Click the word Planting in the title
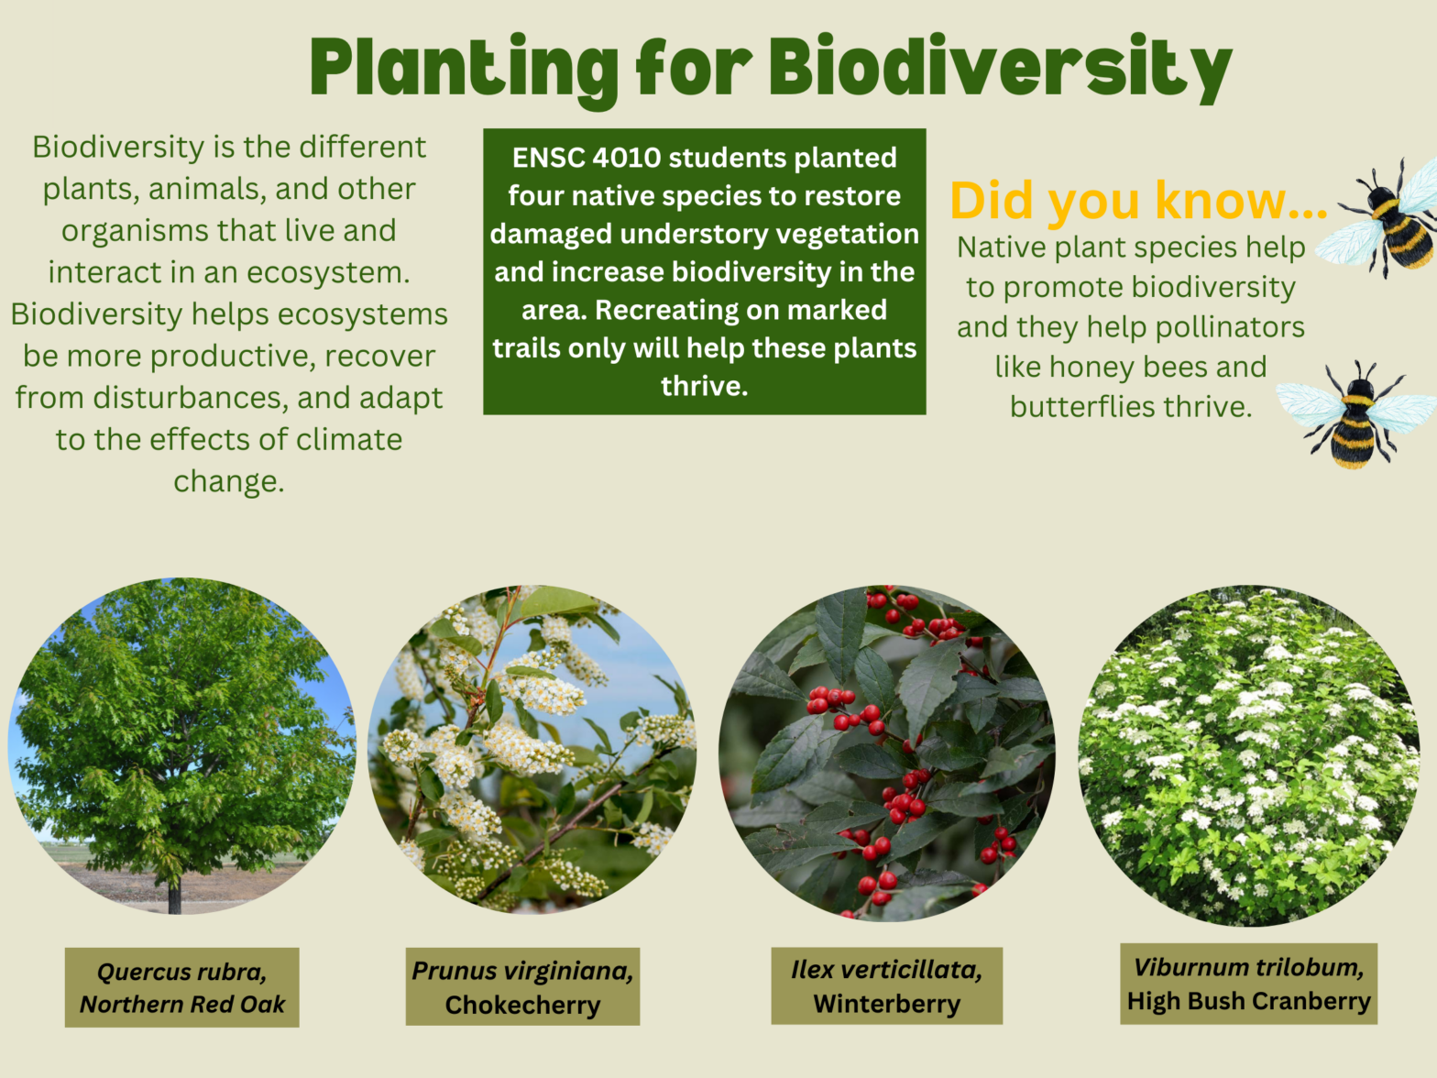click(x=464, y=69)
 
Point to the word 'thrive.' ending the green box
click(x=704, y=386)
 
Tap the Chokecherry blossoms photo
click(x=532, y=748)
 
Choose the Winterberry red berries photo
click(x=886, y=752)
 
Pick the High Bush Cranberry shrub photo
click(x=1248, y=755)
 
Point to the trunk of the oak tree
click(x=174, y=893)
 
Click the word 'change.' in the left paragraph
click(x=229, y=481)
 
